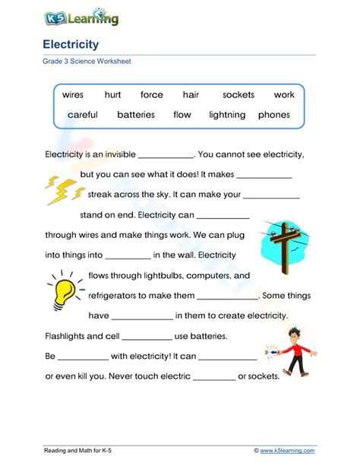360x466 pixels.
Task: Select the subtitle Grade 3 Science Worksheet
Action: click(x=87, y=62)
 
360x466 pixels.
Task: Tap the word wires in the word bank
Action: click(x=73, y=95)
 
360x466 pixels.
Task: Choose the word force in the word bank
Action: click(x=152, y=95)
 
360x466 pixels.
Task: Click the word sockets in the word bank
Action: click(x=238, y=95)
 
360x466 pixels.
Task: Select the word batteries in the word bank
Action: click(x=136, y=115)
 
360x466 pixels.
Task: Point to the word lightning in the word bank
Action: click(x=227, y=115)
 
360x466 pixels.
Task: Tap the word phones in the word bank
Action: click(x=274, y=115)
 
